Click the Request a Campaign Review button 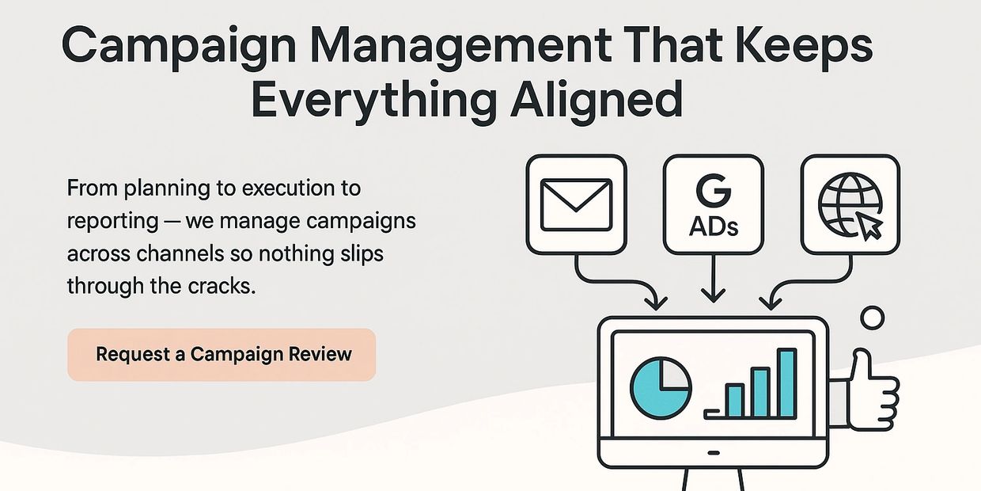pos(222,354)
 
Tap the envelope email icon pos(576,204)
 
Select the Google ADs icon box pos(713,204)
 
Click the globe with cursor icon pos(850,204)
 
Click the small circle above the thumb pos(872,318)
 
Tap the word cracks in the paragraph pos(223,285)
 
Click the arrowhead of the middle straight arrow pos(713,295)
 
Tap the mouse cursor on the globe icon pos(870,227)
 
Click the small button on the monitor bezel pos(713,454)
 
